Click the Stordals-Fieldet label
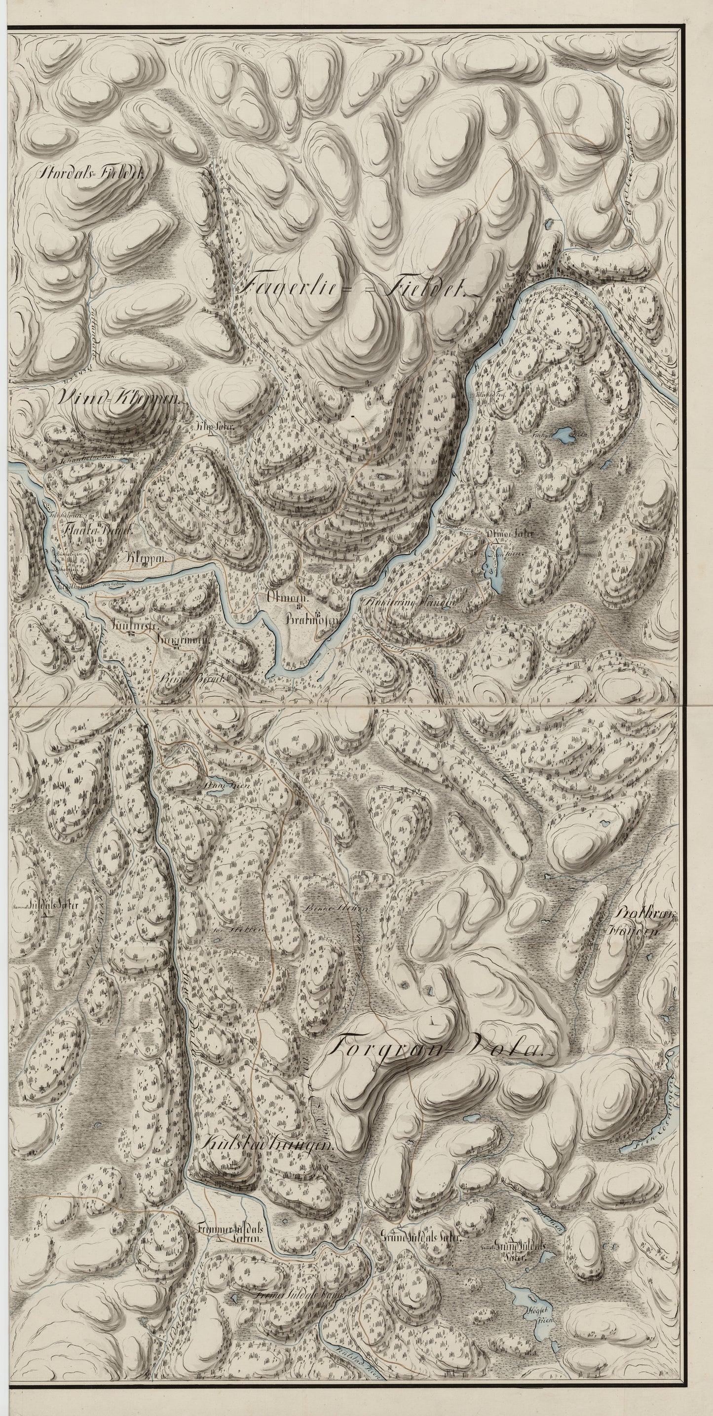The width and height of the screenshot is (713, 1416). tap(91, 174)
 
